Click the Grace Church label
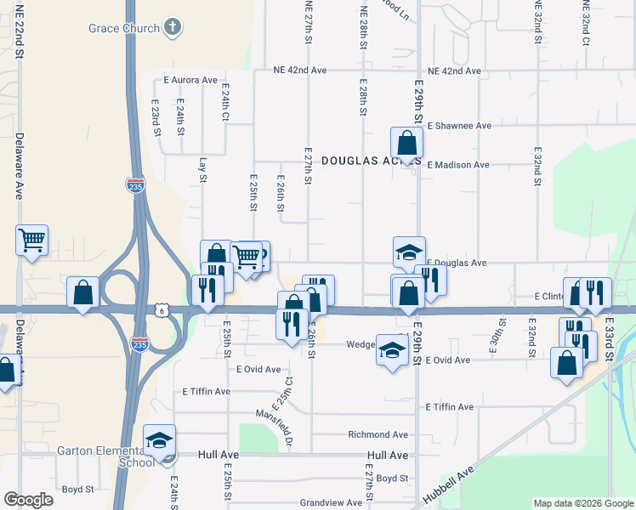pos(123,28)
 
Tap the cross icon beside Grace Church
pos(173,27)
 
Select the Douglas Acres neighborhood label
pos(361,160)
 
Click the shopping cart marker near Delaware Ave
pos(32,241)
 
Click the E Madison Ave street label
pos(458,165)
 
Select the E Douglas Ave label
pos(457,263)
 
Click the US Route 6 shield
pos(161,311)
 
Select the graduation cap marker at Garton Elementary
pos(159,440)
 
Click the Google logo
pos(29,500)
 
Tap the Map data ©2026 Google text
pos(582,503)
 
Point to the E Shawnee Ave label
pos(459,126)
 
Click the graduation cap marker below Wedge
pos(391,349)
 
